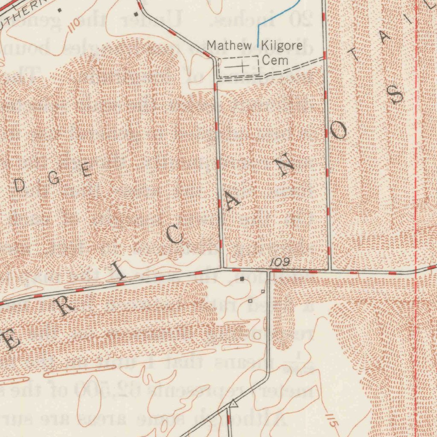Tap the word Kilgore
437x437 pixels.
coord(281,45)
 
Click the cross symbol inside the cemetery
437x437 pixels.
coord(242,67)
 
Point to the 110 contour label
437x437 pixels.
coord(73,23)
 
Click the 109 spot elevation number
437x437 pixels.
coord(280,263)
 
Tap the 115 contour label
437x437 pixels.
coord(332,420)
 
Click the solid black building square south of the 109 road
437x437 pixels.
coord(242,279)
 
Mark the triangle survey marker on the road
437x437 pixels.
coord(233,402)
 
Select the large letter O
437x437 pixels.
coord(339,133)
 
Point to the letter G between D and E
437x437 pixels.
coord(54,178)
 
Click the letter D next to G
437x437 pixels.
coord(19,184)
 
